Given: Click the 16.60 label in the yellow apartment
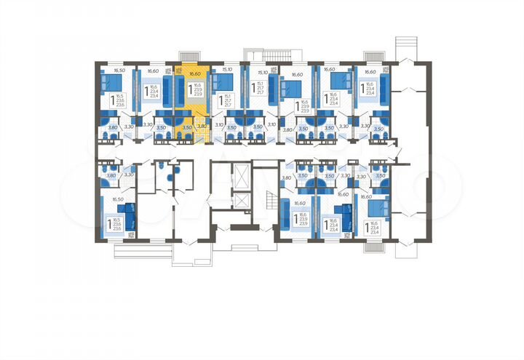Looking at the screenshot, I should (x=193, y=73).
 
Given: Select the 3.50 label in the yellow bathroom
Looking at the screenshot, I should (x=186, y=127).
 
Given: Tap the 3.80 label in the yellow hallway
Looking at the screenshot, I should (x=202, y=127).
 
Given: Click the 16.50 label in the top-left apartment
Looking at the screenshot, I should (x=119, y=71).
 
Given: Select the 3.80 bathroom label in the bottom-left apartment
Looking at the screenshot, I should (x=111, y=175).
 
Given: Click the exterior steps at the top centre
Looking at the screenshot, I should (x=275, y=56).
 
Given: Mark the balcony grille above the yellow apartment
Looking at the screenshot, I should (x=188, y=55).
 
